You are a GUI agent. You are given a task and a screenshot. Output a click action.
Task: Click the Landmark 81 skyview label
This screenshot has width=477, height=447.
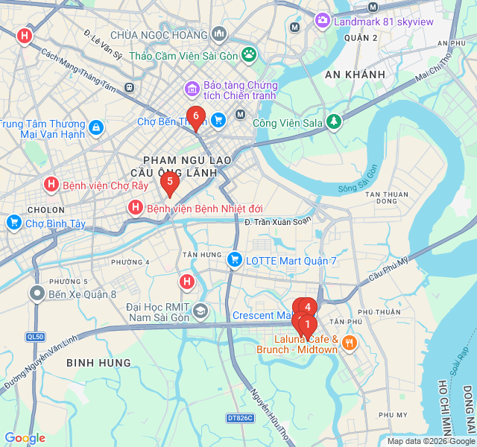click(x=383, y=21)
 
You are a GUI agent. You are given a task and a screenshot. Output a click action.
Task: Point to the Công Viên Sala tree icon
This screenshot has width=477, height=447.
click(x=334, y=121)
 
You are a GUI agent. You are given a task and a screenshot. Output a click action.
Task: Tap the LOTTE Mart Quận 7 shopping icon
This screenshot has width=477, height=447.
click(x=234, y=260)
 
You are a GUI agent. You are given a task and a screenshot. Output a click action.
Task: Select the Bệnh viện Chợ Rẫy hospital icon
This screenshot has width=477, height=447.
click(x=51, y=184)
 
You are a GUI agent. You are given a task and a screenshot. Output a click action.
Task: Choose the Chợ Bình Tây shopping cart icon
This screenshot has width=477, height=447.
click(x=13, y=223)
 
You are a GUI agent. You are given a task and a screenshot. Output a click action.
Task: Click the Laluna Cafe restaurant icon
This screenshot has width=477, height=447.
click(x=350, y=343)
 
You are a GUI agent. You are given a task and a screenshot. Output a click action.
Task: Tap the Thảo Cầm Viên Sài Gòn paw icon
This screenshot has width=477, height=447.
click(x=248, y=54)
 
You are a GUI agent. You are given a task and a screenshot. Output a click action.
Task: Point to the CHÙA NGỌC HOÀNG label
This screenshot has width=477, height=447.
click(x=158, y=35)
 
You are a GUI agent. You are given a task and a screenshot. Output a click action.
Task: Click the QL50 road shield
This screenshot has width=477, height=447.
click(x=34, y=337)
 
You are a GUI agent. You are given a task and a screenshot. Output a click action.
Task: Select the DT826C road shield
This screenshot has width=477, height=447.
click(x=240, y=419)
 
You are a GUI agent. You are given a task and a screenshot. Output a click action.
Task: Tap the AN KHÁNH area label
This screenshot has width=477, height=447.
click(x=356, y=74)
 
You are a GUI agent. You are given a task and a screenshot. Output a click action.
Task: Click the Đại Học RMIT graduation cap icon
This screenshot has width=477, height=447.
click(x=200, y=310)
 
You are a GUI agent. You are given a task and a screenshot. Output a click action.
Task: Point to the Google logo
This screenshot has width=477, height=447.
click(x=25, y=438)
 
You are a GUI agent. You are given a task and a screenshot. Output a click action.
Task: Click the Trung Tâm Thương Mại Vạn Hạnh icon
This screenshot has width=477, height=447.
click(x=95, y=128)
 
